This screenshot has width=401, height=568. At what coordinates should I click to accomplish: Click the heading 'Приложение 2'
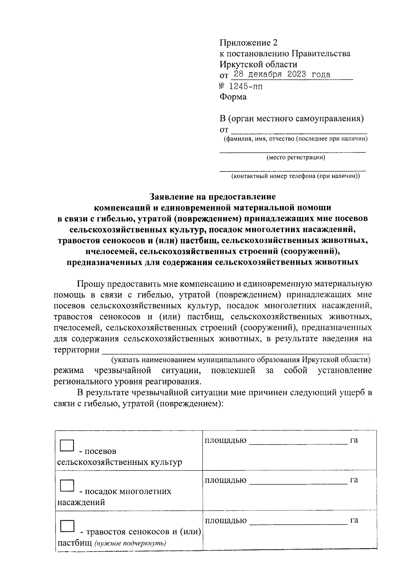(248, 43)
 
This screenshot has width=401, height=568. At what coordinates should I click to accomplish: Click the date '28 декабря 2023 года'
(282, 74)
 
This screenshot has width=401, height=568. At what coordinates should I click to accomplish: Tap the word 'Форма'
(233, 97)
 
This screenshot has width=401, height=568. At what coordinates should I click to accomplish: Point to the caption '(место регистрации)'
(295, 157)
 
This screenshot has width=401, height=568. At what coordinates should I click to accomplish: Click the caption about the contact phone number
(295, 176)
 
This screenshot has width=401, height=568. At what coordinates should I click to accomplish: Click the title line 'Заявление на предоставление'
(213, 196)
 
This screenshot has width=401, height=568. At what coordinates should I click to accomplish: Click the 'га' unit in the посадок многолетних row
(354, 480)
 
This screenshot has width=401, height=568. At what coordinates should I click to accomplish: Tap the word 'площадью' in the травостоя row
(226, 520)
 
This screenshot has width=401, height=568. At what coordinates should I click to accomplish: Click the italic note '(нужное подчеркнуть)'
(130, 543)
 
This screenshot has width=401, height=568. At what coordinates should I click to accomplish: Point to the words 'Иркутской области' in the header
(258, 64)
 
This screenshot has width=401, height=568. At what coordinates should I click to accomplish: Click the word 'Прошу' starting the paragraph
(90, 284)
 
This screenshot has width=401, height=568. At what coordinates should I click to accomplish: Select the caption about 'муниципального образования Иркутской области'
(241, 360)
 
